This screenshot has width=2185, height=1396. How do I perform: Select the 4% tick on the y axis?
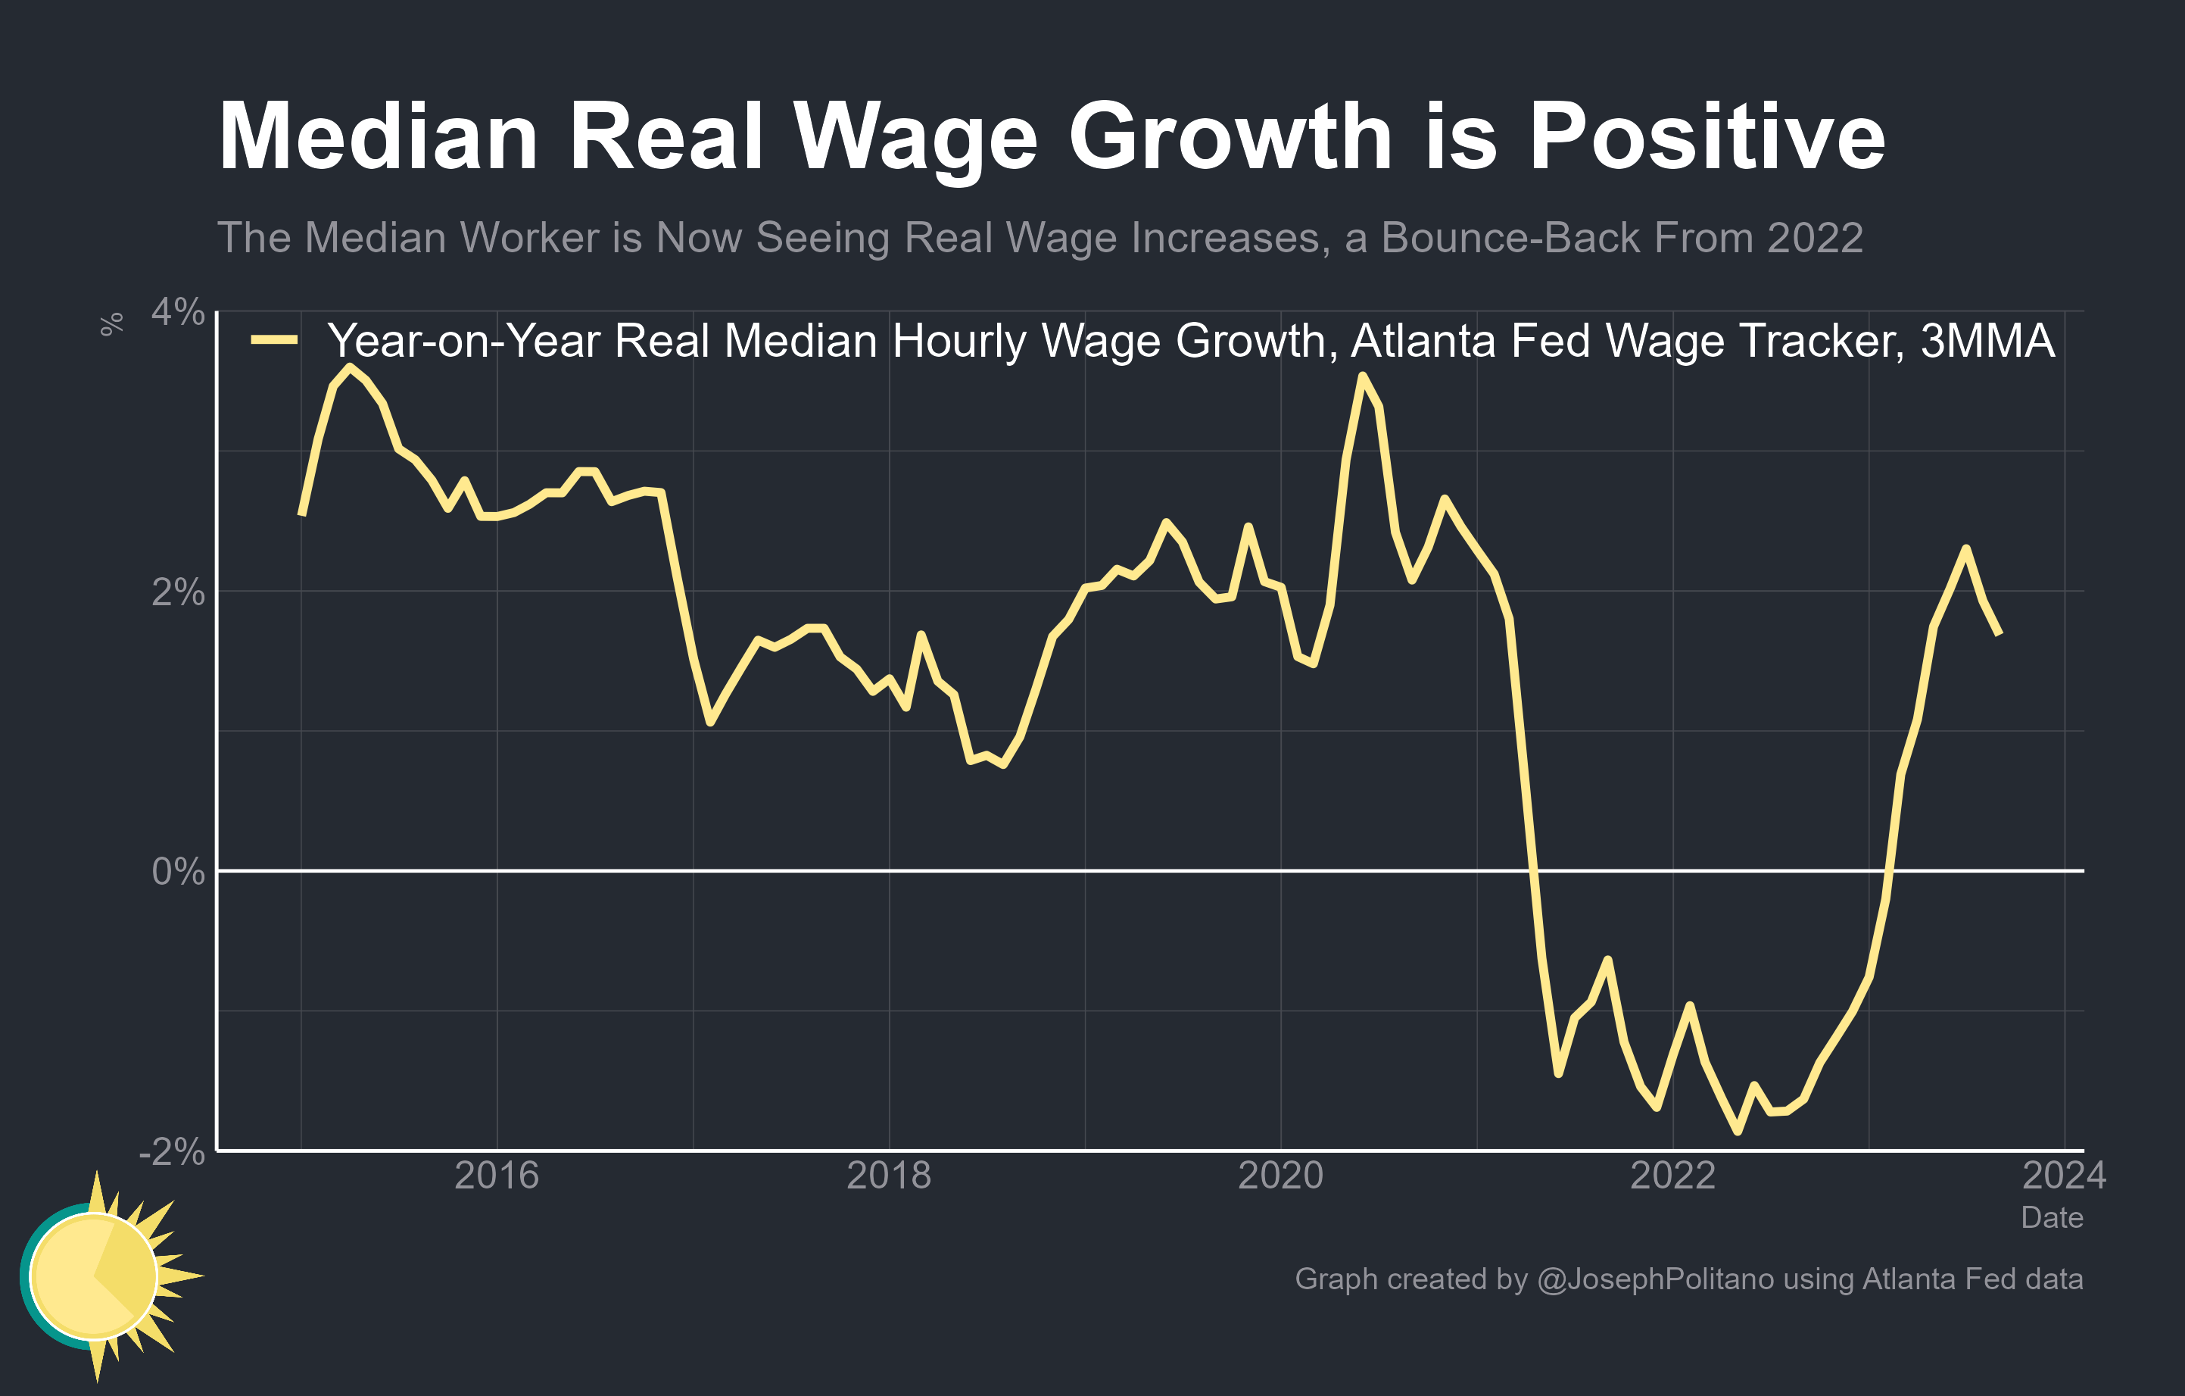point(178,312)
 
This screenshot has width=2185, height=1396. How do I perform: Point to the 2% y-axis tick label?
point(178,592)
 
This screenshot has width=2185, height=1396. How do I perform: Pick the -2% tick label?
point(173,1152)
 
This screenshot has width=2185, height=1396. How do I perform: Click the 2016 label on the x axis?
point(497,1176)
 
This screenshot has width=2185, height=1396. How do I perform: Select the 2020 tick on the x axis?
point(1280,1176)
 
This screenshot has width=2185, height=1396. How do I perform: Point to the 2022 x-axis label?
point(1672,1176)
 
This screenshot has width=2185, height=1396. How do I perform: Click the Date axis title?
point(2052,1217)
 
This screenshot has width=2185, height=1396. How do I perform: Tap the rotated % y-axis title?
point(111,324)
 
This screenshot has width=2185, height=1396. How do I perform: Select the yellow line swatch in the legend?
point(274,340)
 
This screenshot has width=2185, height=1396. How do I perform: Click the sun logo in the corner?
point(100,1276)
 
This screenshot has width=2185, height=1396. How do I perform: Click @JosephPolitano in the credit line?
point(1655,1279)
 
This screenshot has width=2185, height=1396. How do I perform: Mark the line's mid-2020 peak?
point(1362,375)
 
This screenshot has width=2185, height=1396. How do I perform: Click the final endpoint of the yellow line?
point(1999,633)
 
